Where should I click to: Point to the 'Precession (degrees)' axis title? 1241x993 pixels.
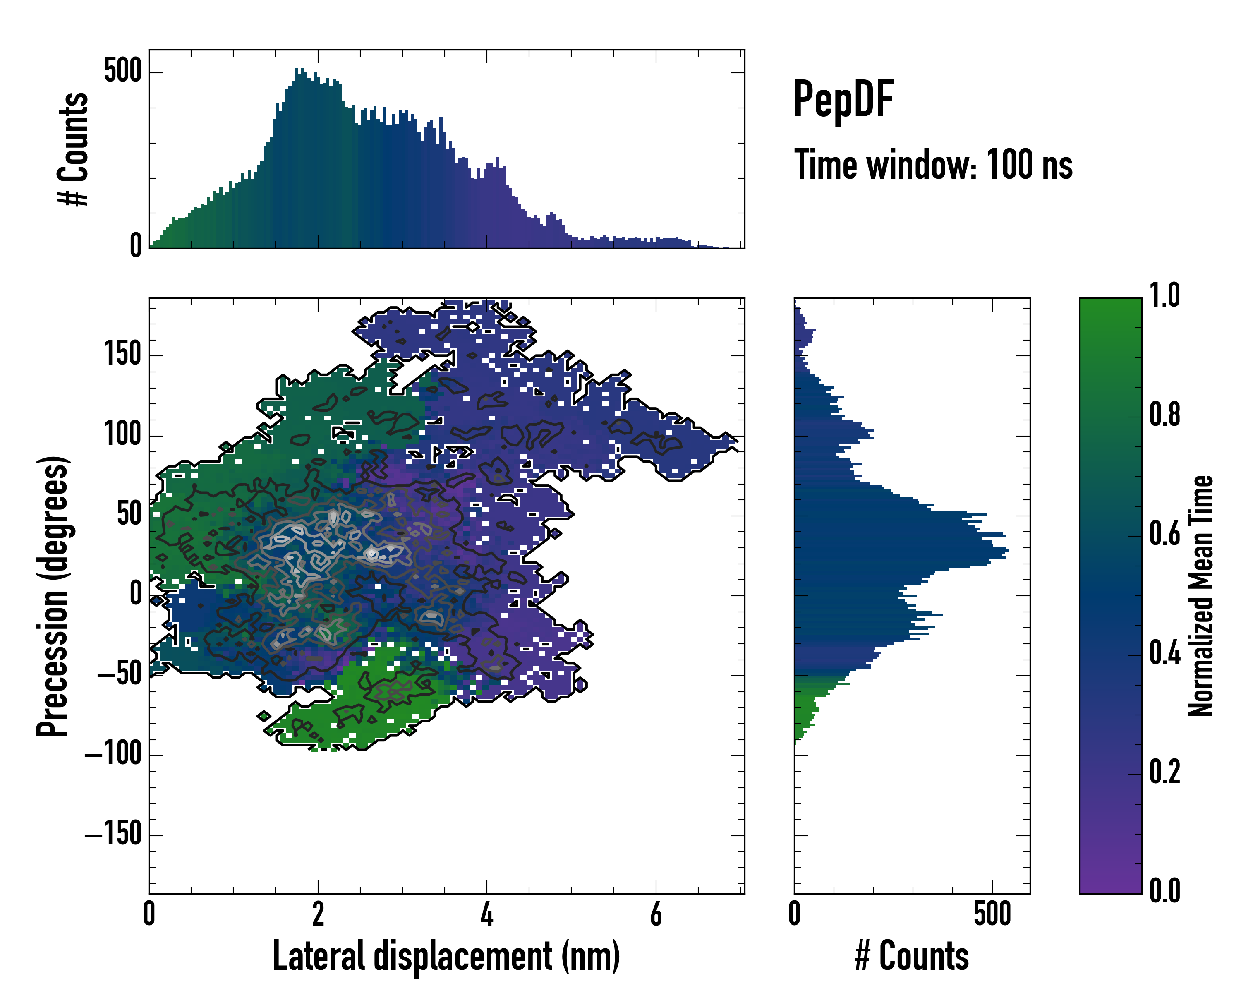53,596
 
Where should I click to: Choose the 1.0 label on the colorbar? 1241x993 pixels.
1164,296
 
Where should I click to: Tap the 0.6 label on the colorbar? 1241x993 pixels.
1164,534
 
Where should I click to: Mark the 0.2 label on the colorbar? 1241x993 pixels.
1164,772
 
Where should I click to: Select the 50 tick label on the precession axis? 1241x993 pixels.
129,513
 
